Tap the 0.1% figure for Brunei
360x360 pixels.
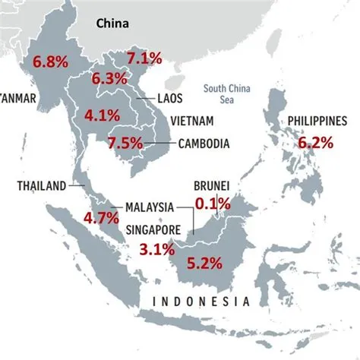pyautogui.click(x=213, y=204)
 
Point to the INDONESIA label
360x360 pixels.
pyautogui.click(x=201, y=302)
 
